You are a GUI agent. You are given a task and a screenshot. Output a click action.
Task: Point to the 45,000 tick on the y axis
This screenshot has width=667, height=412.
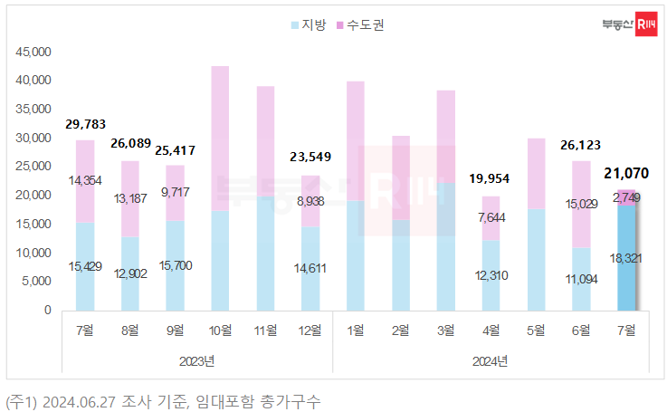pyautogui.click(x=34, y=53)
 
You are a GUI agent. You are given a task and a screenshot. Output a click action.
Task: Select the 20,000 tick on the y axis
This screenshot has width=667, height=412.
pyautogui.click(x=34, y=195)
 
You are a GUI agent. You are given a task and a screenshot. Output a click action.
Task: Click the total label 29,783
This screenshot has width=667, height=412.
pyautogui.click(x=85, y=123)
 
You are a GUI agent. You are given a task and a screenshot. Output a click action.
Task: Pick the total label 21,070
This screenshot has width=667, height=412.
pyautogui.click(x=626, y=173)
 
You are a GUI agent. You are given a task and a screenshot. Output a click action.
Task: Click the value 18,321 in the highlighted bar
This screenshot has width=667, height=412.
pyautogui.click(x=626, y=258)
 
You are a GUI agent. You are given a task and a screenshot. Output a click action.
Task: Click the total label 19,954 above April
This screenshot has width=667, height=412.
pyautogui.click(x=490, y=179)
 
